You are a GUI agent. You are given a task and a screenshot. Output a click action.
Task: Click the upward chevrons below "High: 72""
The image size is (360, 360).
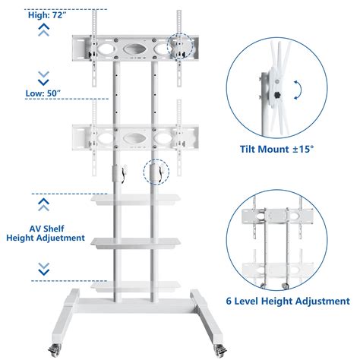pyautogui.click(x=44, y=30)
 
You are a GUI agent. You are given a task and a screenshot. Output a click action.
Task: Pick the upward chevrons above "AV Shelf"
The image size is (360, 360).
pyautogui.click(x=44, y=204)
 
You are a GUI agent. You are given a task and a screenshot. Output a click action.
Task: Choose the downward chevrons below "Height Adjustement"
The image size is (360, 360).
pyautogui.click(x=44, y=269)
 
